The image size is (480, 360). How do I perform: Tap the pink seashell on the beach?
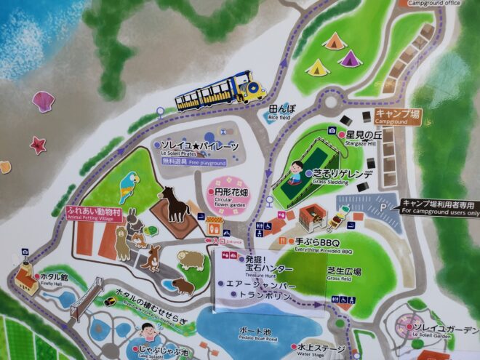43,100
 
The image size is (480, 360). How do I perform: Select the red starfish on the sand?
38,145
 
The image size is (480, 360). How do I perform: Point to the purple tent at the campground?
351,57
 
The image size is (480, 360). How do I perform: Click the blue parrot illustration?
129,186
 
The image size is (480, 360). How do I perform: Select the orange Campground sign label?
397,117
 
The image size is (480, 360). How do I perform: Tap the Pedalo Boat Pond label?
258,334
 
